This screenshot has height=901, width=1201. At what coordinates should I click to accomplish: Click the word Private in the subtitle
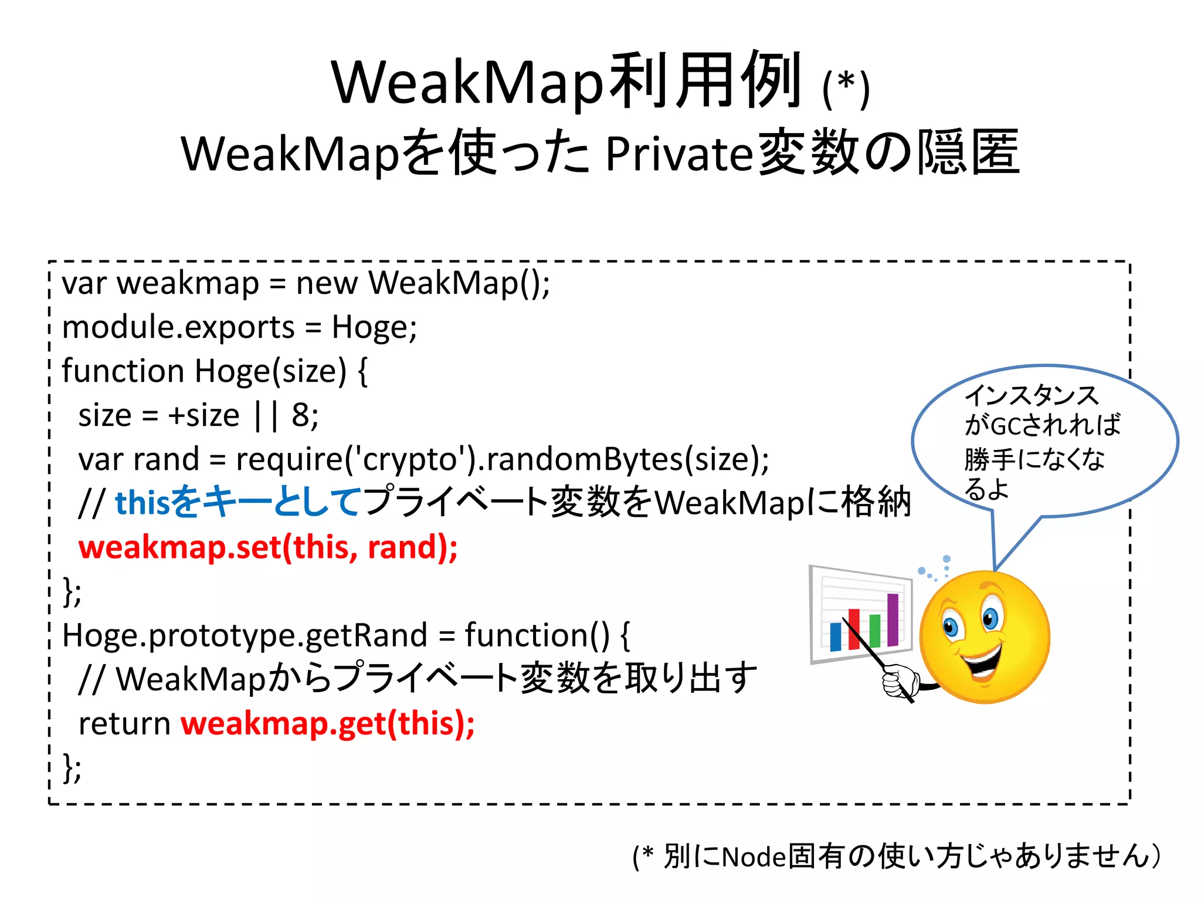click(678, 154)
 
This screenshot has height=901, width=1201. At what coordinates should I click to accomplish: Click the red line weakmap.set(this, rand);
click(268, 547)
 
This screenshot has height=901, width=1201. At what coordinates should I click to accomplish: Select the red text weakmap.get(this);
click(327, 723)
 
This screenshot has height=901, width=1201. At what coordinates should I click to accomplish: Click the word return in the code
click(124, 723)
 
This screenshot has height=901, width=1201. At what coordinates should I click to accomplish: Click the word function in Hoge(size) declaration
click(123, 371)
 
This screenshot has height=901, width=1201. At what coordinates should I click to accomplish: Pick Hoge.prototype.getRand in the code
click(245, 635)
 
